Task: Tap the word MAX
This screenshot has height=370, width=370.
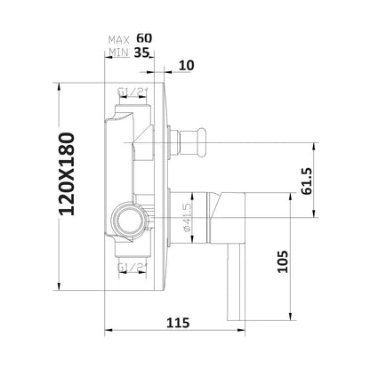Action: tap(118, 40)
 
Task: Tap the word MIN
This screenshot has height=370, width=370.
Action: tap(118, 53)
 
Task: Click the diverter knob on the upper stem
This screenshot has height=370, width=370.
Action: tap(190, 140)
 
